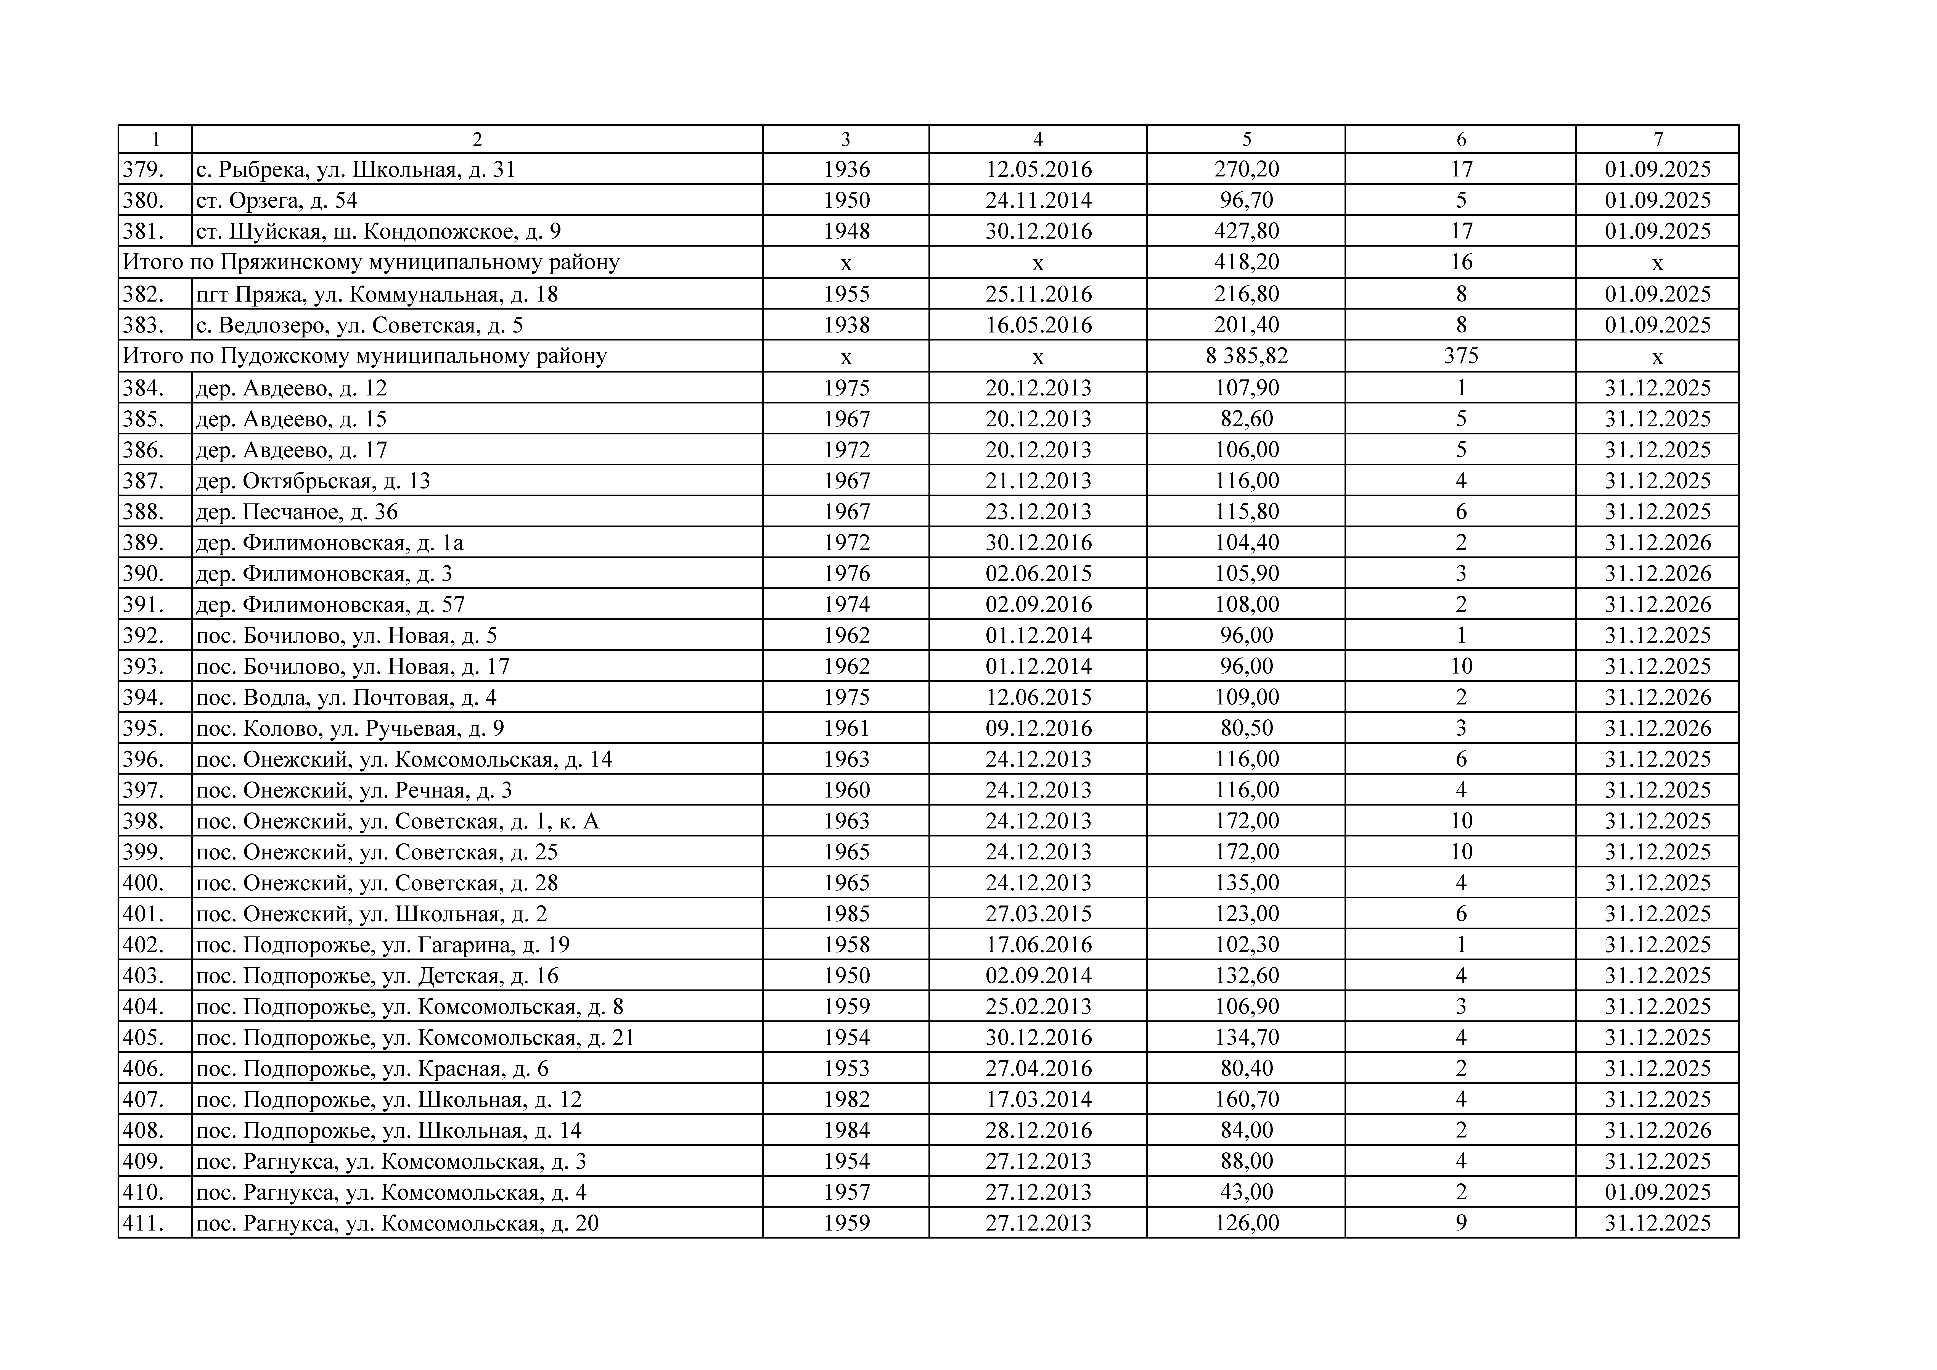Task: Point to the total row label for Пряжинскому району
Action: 371,263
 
